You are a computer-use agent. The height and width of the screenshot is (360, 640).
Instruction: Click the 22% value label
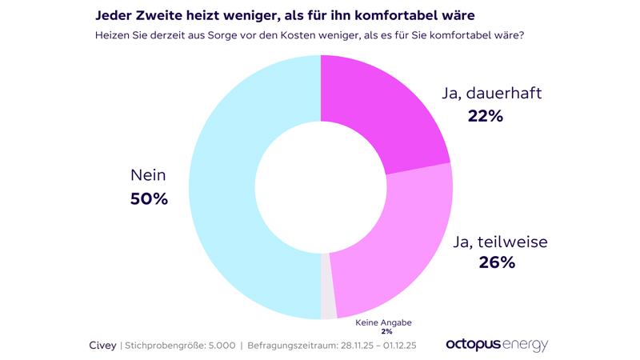click(x=485, y=116)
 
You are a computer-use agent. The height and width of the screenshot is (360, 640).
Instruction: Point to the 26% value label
click(x=496, y=262)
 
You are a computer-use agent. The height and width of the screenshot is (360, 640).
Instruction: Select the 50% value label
click(x=149, y=198)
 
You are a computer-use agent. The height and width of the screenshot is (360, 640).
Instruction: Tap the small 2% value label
click(x=386, y=331)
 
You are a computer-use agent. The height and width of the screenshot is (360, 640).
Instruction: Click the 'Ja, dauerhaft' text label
click(x=491, y=93)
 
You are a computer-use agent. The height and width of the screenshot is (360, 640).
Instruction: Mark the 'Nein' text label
click(x=149, y=175)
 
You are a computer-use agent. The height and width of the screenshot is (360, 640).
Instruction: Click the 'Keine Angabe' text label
click(x=383, y=322)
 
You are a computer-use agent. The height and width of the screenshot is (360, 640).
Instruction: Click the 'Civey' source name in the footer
click(x=102, y=346)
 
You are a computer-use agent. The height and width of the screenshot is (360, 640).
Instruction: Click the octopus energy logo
click(x=496, y=344)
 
